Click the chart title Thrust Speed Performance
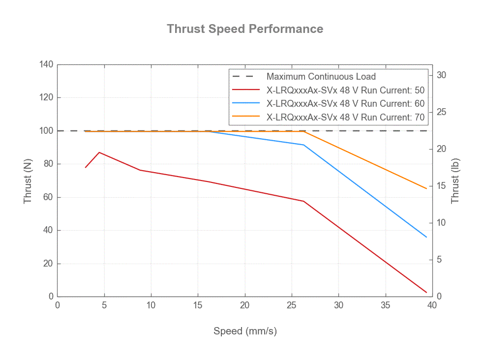pos(244,29)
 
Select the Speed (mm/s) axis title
pos(244,331)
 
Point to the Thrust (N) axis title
pos(28,181)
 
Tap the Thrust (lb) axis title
pos(455,181)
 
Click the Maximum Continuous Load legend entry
pos(321,77)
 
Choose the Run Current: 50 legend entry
pos(345,90)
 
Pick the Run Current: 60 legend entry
pos(345,104)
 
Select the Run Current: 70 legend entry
pos(345,118)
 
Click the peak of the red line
pos(99,152)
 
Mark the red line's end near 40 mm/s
pos(426,292)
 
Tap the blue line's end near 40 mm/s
pos(426,237)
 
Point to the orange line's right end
pos(426,188)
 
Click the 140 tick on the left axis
pos(47,64)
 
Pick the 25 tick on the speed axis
pos(292,305)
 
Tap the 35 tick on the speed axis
pos(386,305)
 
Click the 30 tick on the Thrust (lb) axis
pos(442,75)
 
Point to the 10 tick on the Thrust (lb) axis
pos(442,223)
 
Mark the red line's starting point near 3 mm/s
pos(86,167)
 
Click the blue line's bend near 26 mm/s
pos(303,145)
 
